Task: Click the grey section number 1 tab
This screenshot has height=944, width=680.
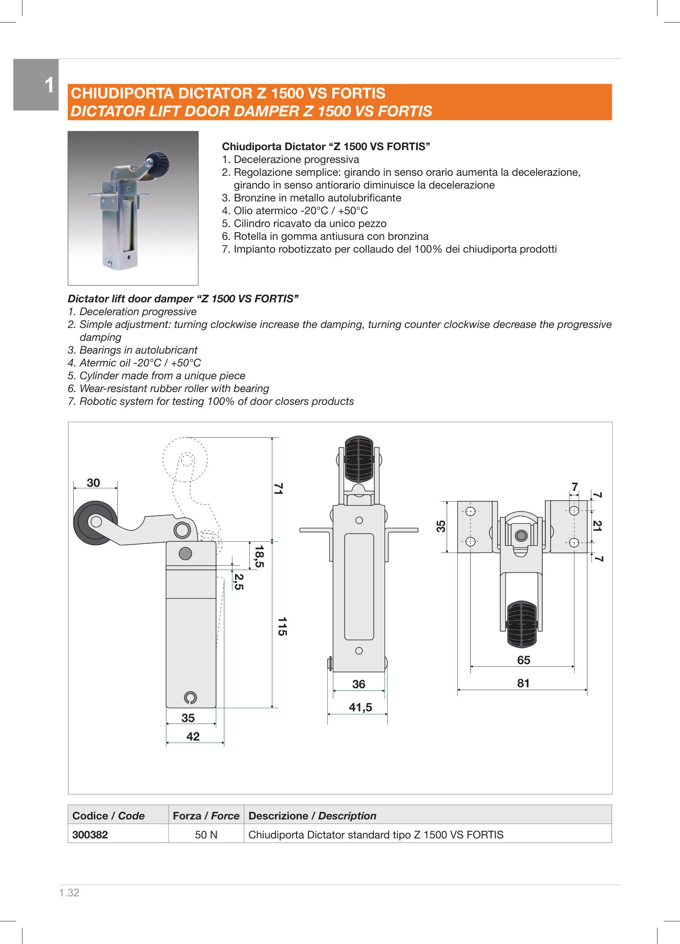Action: pos(36,85)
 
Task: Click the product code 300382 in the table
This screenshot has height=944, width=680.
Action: pos(90,835)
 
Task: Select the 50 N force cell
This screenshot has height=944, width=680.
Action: pos(206,835)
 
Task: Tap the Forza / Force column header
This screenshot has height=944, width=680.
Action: pos(206,816)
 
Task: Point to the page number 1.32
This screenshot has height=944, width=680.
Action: pos(69,893)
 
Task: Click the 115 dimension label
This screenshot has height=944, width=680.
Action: pos(282,626)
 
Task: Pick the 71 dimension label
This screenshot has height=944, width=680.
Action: pos(278,488)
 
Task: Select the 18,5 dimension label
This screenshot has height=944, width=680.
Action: pos(260,556)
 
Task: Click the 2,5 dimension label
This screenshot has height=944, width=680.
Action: pos(239,582)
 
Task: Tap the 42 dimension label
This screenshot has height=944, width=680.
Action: pos(193,736)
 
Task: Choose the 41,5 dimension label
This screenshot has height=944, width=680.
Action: pos(360,708)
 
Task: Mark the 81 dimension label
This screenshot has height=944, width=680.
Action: pos(523,683)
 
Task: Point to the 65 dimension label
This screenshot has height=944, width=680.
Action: pos(523,660)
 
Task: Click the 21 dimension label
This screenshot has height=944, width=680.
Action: pos(597,525)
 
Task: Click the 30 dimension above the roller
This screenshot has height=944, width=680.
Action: pos(93,483)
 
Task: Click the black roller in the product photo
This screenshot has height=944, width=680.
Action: pos(158,163)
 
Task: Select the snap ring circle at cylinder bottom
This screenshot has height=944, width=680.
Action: pos(190,697)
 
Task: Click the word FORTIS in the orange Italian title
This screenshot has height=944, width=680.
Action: pos(358,93)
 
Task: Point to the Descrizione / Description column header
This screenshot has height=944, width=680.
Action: pos(312,816)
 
